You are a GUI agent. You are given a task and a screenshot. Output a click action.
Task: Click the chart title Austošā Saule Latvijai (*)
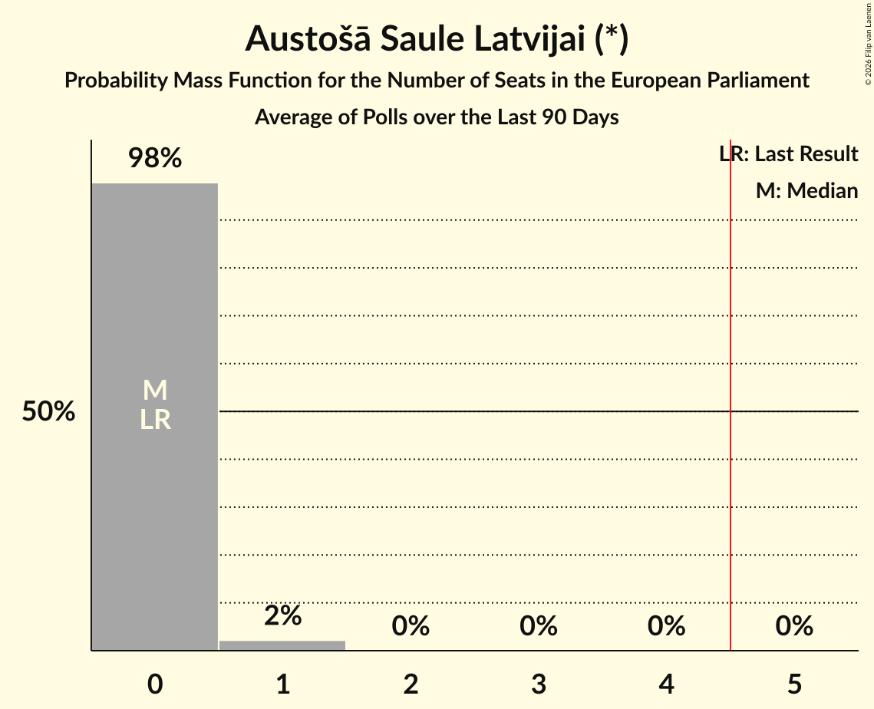(437, 39)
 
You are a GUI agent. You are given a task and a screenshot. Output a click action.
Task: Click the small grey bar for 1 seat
(282, 645)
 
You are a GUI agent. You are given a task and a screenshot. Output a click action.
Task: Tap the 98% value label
(155, 159)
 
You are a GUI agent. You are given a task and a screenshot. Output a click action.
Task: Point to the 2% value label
(282, 615)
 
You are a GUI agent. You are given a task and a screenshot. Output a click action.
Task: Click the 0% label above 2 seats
(411, 626)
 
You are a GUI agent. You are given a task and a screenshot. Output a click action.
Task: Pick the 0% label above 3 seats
(539, 626)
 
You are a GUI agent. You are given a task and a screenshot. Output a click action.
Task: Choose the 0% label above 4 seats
(666, 626)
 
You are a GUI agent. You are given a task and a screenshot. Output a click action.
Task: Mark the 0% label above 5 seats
(794, 626)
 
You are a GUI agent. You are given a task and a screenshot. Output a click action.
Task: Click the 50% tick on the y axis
(48, 412)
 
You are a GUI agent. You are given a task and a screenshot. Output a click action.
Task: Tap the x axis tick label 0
(155, 684)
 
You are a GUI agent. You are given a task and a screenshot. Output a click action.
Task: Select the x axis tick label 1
(282, 684)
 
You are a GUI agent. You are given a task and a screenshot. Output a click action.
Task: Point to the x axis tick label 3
(539, 684)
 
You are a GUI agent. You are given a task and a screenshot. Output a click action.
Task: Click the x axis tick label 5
(794, 684)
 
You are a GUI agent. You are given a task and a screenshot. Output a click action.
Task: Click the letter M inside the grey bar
(155, 391)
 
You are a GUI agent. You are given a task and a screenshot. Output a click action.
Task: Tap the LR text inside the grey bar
(155, 420)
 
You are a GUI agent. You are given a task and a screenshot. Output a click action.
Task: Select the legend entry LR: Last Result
(788, 154)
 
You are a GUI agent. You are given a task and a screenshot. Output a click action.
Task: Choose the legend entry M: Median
(806, 190)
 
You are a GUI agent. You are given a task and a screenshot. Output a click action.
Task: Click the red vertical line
(730, 460)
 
